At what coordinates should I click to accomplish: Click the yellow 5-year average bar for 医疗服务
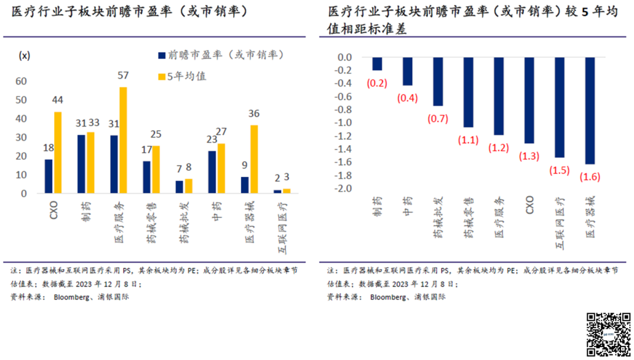coord(123,140)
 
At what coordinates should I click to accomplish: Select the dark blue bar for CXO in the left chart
coord(48,176)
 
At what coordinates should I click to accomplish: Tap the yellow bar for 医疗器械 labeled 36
coord(254,159)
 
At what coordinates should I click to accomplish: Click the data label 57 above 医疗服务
coord(123,76)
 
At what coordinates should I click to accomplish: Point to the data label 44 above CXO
coord(57,100)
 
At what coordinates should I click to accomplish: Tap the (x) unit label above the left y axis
coord(25,56)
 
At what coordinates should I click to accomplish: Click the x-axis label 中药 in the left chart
coord(217,211)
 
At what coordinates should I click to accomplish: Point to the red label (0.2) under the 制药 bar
coord(377,83)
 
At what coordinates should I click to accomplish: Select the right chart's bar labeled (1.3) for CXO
coord(529,100)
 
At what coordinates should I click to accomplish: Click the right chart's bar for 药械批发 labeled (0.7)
coord(438,82)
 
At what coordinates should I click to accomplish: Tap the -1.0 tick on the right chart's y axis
coord(344,123)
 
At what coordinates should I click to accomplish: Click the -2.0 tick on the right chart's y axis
coord(344,189)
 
